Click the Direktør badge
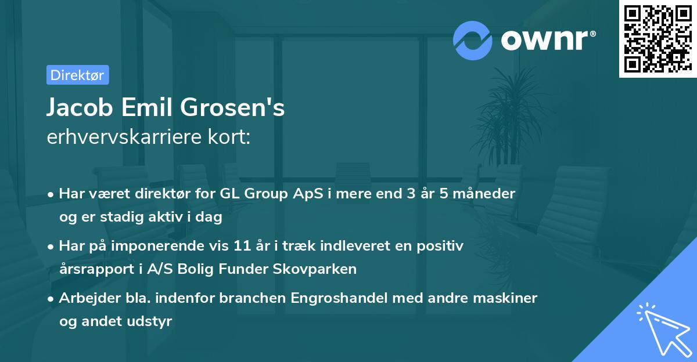point(77,75)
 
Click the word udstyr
point(152,321)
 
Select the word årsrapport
point(93,269)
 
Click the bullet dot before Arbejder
point(51,299)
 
